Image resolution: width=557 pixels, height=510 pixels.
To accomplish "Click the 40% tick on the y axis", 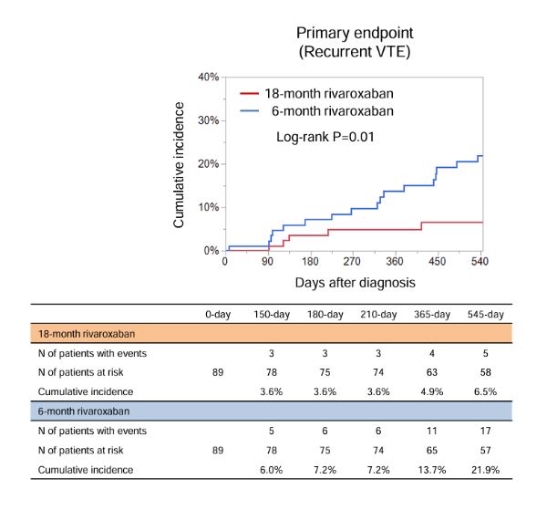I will click(x=209, y=78).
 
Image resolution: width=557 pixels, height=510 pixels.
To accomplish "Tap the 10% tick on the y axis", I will click(x=209, y=207).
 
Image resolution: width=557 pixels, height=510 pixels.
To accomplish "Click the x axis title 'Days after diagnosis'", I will click(x=354, y=281).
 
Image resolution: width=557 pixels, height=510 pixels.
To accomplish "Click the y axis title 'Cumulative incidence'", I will click(x=180, y=164).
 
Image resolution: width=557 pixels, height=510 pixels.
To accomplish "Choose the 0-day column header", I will click(x=218, y=315).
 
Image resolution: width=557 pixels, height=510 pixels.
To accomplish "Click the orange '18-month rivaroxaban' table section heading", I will click(x=88, y=334).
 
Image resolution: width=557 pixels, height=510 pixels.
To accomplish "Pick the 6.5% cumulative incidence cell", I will click(x=485, y=391).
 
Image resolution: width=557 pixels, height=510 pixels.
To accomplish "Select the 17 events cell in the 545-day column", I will click(x=485, y=430).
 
